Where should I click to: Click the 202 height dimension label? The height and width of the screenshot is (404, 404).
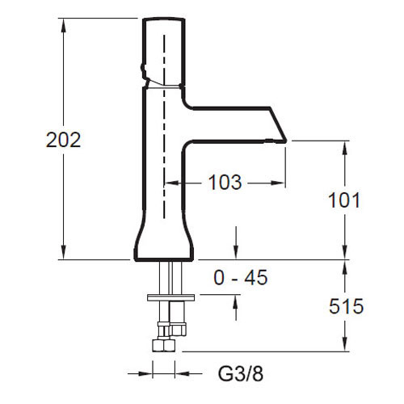(63, 140)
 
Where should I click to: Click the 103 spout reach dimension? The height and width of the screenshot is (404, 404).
(225, 183)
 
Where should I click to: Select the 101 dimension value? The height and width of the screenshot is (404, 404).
(344, 200)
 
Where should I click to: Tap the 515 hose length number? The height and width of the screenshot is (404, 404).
(346, 306)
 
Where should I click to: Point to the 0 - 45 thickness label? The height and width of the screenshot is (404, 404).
(241, 277)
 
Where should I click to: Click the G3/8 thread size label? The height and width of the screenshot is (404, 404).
(241, 373)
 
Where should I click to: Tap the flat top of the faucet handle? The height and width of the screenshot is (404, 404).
(164, 19)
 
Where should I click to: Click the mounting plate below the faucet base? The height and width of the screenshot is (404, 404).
(170, 297)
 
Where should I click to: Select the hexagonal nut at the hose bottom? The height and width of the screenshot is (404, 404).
(163, 346)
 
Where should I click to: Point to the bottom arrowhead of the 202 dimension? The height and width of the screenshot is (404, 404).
(64, 252)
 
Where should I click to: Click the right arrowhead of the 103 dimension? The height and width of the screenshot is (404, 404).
(277, 183)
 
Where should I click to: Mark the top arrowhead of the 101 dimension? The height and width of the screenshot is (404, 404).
(345, 148)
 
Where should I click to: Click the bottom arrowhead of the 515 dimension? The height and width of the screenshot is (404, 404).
(345, 344)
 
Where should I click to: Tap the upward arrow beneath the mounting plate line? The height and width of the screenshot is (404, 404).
(236, 308)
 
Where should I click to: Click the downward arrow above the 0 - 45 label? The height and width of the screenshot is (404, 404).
(236, 242)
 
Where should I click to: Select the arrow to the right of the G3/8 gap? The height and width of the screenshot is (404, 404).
(188, 373)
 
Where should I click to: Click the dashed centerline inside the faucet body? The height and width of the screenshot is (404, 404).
(164, 126)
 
